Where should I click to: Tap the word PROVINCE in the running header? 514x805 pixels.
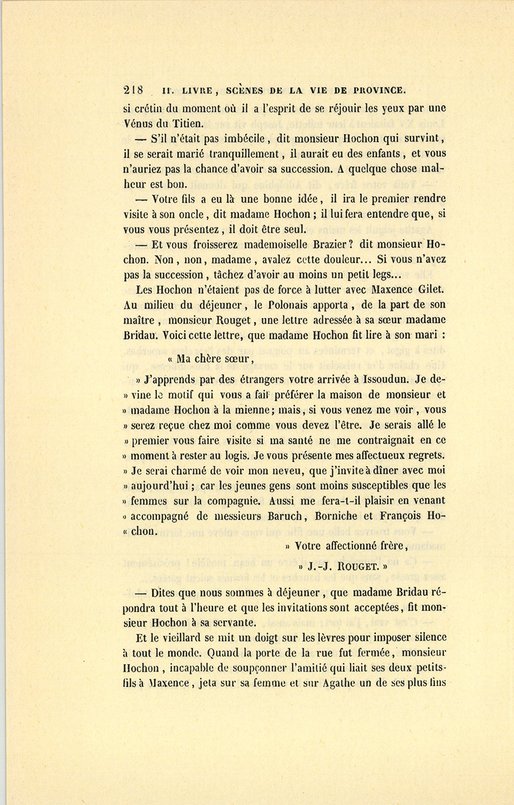[x=379, y=90]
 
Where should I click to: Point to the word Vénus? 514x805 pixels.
[x=138, y=122]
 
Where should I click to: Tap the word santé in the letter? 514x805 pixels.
[x=294, y=440]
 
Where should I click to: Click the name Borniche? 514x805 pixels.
[x=336, y=516]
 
